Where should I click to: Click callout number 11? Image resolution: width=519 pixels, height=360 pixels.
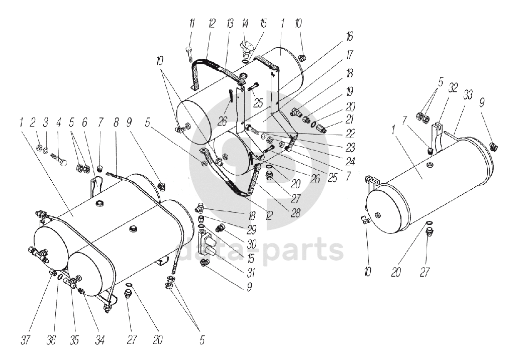click(191, 24)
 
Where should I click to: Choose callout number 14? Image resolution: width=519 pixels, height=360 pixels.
click(245, 24)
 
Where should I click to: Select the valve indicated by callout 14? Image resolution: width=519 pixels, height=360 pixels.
click(247, 49)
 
